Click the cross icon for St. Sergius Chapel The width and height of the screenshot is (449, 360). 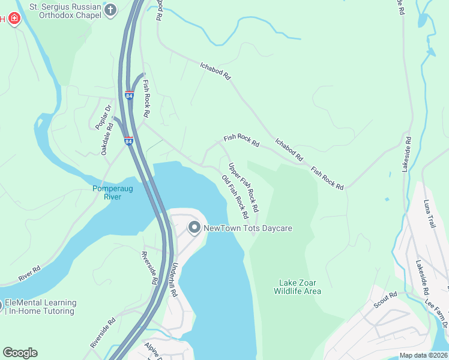110,10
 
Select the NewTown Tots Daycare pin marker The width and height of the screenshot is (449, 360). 194,228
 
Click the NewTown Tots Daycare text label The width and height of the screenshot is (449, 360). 247,229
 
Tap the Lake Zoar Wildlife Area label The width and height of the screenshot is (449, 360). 297,287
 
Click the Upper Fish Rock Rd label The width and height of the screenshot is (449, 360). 243,187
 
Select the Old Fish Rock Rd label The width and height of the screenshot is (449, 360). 235,196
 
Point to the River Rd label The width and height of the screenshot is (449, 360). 29,273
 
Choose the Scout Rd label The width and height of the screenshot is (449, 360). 384,299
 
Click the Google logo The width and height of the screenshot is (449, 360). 20,353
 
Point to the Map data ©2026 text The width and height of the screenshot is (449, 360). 423,355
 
